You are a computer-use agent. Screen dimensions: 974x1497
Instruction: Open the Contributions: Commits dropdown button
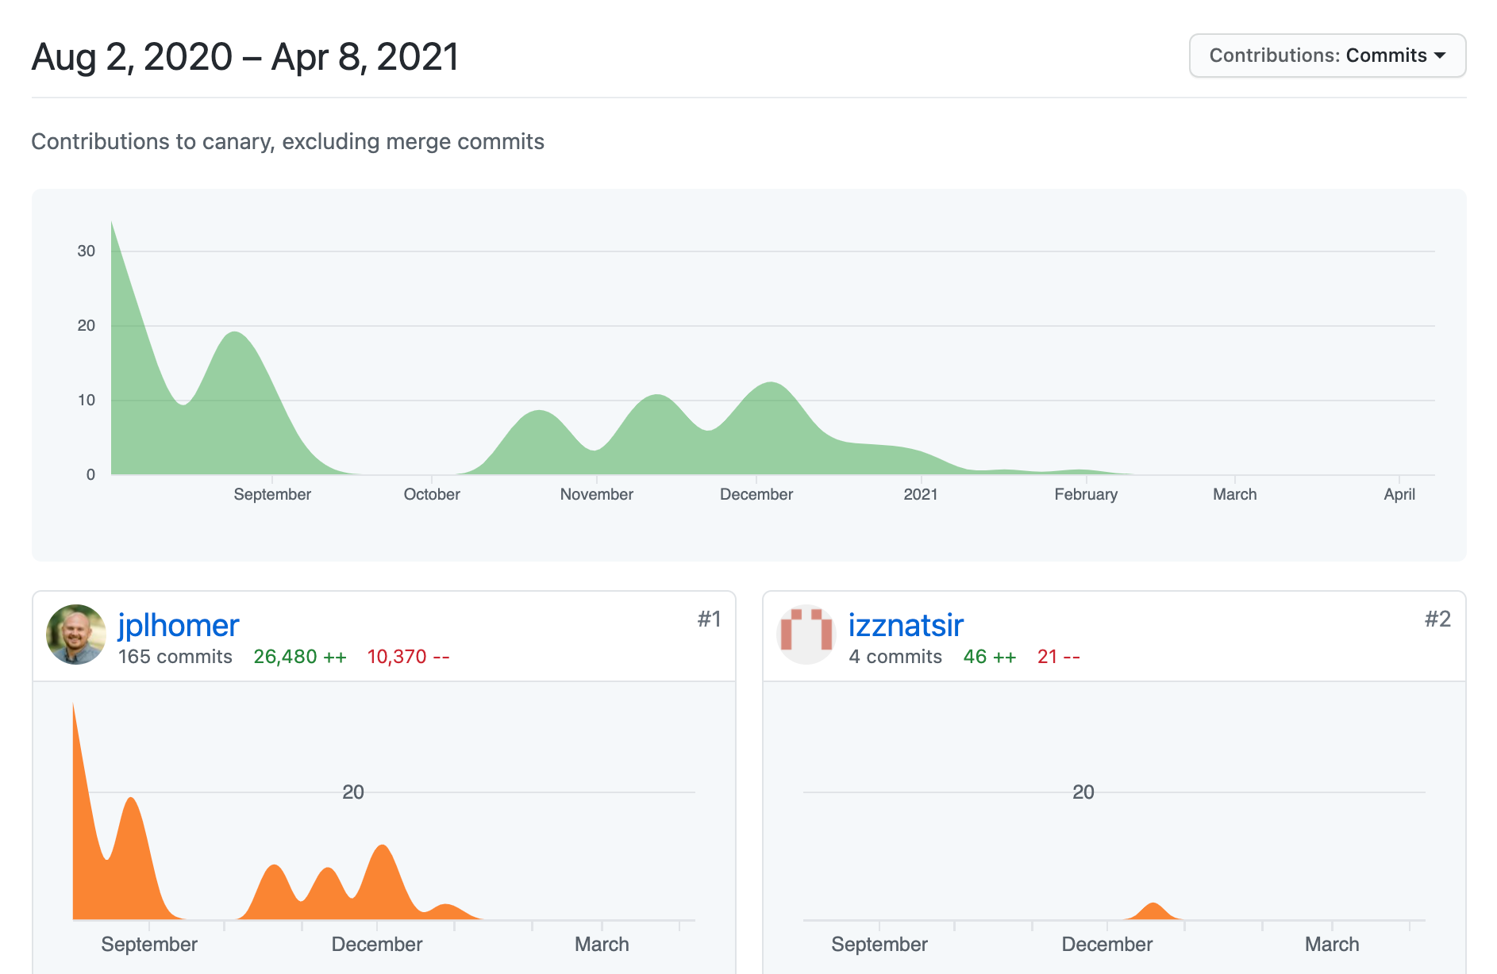click(1326, 56)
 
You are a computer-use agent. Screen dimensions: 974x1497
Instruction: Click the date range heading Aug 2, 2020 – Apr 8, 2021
click(244, 57)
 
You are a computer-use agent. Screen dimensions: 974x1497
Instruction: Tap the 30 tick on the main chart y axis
click(86, 251)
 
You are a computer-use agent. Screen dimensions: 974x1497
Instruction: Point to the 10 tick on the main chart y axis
click(86, 400)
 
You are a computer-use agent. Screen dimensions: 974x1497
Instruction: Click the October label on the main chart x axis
click(431, 494)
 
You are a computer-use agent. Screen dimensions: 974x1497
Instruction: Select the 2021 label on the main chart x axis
click(920, 494)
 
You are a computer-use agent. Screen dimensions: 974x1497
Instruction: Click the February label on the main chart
click(1085, 494)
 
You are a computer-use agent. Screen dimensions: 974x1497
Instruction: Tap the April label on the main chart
click(1399, 494)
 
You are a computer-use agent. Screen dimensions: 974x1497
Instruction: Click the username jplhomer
click(178, 625)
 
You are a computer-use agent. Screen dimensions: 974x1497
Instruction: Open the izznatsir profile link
click(905, 625)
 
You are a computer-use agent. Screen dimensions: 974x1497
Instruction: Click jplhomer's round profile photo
click(76, 635)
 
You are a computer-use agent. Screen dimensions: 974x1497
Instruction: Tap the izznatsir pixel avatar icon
click(806, 635)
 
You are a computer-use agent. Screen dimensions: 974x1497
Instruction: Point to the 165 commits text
click(175, 657)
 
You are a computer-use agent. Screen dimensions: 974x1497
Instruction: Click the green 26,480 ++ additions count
click(299, 657)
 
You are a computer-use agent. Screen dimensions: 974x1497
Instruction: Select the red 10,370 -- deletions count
click(408, 657)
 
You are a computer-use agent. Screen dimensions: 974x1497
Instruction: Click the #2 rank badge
click(1437, 619)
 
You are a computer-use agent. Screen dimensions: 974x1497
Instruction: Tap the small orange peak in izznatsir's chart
click(1153, 910)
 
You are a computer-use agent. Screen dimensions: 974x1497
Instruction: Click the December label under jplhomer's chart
click(376, 944)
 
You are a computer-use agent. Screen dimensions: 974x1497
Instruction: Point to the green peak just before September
click(235, 337)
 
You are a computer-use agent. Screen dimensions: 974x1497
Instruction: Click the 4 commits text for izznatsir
click(895, 657)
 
